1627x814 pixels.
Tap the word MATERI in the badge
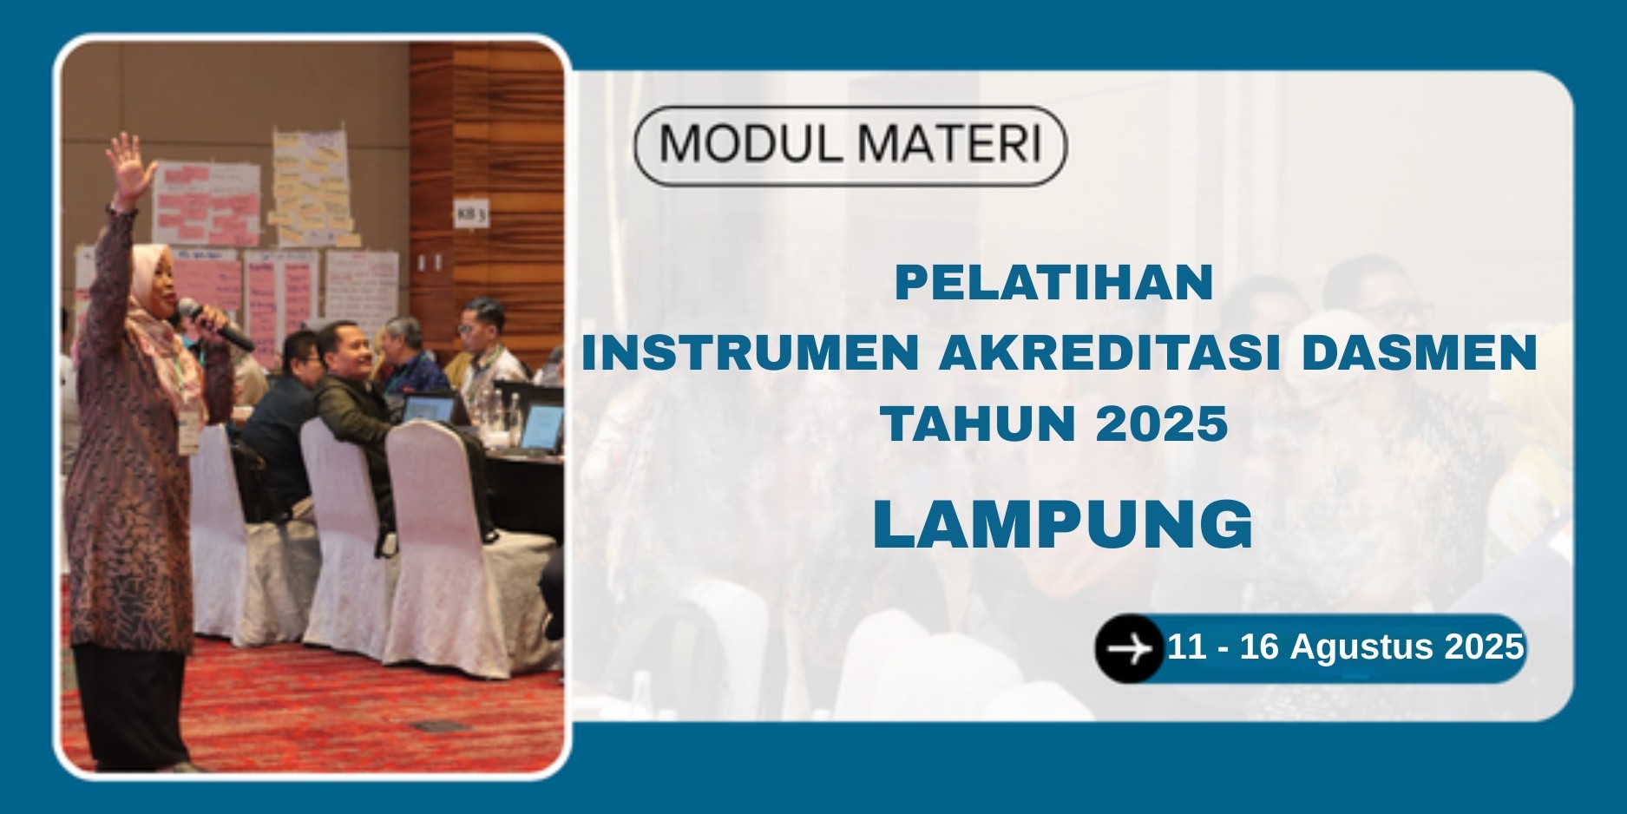pos(946,145)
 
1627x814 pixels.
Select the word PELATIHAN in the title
pos(1053,283)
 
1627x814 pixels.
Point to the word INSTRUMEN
pos(750,353)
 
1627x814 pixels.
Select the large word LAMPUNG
pos(1063,524)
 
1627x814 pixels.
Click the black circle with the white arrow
pos(1129,648)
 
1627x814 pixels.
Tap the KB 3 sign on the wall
pos(469,213)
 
